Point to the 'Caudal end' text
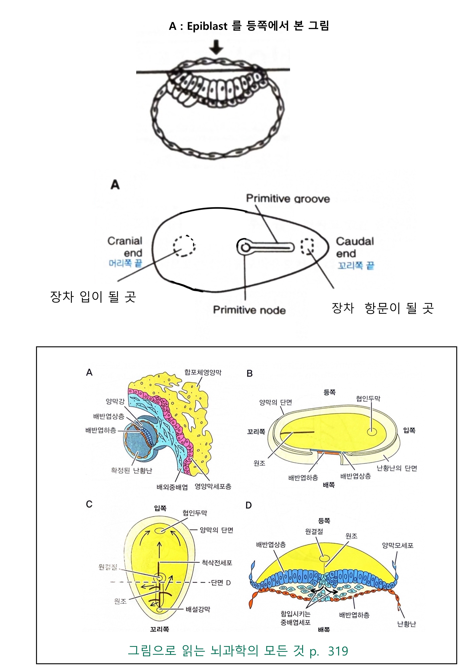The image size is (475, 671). [x=354, y=247]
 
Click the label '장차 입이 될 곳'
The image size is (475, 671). [x=93, y=297]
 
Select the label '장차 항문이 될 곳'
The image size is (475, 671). [x=382, y=308]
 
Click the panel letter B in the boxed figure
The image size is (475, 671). [x=250, y=373]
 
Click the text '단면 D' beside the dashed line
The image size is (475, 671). [x=221, y=582]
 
